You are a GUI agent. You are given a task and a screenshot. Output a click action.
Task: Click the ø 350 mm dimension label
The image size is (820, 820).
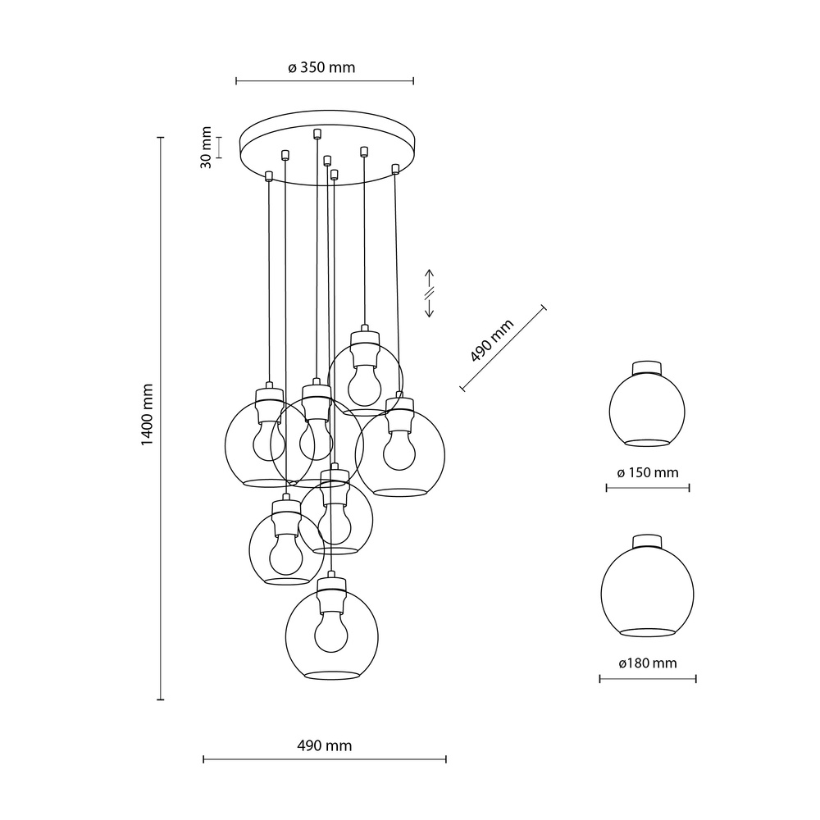(321, 68)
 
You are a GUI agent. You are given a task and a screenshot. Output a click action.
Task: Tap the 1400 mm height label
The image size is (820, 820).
(148, 415)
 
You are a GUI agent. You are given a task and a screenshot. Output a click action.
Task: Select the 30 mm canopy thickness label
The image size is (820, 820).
(207, 148)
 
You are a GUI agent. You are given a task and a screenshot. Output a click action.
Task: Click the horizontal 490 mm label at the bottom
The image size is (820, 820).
(324, 745)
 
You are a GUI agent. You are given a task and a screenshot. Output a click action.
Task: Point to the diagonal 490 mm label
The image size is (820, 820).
(492, 341)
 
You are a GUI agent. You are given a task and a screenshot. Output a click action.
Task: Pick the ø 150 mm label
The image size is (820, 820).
(648, 473)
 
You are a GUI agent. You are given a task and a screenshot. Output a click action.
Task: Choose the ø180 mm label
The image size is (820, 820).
(648, 663)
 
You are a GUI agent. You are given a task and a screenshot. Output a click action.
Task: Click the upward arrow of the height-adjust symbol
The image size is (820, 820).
(429, 276)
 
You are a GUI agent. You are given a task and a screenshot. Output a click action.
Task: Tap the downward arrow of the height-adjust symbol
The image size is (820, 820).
(429, 309)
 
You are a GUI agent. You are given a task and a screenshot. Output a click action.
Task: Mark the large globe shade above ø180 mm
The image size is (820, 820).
(648, 590)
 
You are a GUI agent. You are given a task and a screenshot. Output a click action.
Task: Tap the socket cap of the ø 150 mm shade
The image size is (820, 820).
(648, 367)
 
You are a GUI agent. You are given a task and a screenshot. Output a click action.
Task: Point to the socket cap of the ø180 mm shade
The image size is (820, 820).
(648, 540)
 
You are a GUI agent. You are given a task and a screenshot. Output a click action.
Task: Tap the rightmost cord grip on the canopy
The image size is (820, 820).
(395, 168)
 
